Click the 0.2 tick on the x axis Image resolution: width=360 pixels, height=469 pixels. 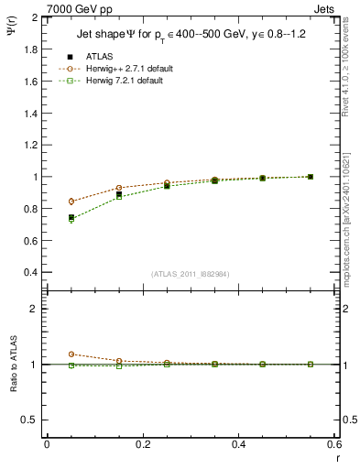point(143,444)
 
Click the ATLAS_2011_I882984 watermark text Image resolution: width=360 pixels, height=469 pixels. point(191,274)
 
